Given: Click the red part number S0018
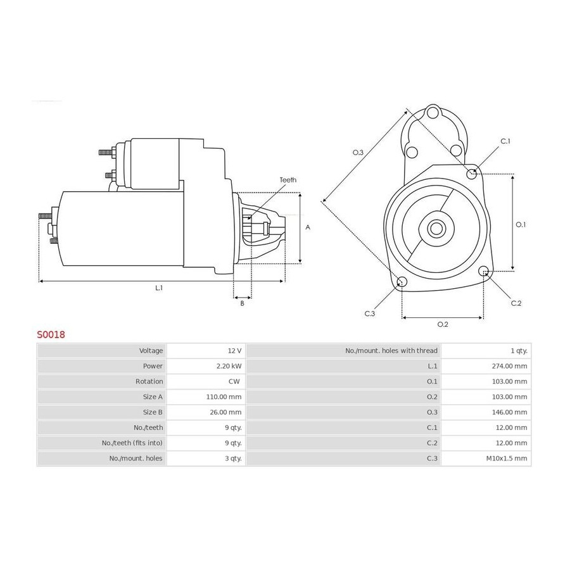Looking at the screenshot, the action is point(51,334).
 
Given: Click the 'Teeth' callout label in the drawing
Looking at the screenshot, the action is point(288,180).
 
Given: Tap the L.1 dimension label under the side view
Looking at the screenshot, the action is point(159,288).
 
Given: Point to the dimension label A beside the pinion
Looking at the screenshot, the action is point(308,227).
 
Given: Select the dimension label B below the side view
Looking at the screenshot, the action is point(243,303).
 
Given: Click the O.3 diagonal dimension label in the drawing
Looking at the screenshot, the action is point(358,152).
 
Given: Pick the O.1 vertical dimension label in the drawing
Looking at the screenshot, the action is point(521,225).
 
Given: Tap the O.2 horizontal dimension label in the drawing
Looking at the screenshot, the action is point(443,324).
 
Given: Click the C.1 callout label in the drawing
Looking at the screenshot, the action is point(505,141).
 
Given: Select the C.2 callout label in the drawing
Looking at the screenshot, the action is point(516,303).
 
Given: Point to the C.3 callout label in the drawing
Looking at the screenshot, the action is point(370,313).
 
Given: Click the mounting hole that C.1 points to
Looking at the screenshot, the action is point(472,174).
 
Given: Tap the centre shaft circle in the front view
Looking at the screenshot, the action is point(436,229).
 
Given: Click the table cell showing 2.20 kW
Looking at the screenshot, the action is point(229,366).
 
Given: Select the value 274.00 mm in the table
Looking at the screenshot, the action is point(509,366).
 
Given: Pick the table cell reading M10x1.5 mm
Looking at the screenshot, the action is point(507,459).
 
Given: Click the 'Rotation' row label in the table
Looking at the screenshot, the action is point(149,381).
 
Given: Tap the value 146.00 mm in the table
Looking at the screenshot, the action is point(509,412).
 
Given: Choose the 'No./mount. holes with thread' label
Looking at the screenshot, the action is point(391,351).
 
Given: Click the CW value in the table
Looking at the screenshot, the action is point(234,381).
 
